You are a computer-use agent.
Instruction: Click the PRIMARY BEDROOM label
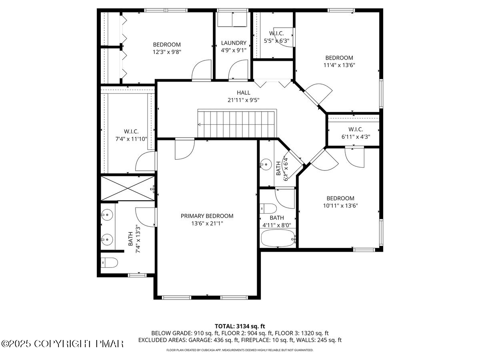[x=207, y=216]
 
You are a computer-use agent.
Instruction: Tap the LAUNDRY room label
[x=234, y=43]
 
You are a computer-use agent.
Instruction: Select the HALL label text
[x=243, y=93]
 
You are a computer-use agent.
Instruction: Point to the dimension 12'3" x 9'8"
[x=167, y=52]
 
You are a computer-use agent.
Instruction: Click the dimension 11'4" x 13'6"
[x=339, y=65]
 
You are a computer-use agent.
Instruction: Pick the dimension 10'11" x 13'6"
[x=340, y=206]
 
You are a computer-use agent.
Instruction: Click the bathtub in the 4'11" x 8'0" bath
[x=278, y=238]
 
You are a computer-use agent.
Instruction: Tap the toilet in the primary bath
[x=109, y=262]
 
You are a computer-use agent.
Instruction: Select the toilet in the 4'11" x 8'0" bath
[x=268, y=208]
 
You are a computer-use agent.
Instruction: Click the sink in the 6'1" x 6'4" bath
[x=266, y=164]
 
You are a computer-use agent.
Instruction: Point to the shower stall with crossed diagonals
[x=128, y=188]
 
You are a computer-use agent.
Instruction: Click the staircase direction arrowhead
[x=199, y=124]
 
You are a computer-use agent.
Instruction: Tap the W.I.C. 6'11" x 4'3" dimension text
[x=356, y=137]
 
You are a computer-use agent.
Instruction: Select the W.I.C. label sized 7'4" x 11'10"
[x=131, y=131]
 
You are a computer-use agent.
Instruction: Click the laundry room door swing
[x=238, y=70]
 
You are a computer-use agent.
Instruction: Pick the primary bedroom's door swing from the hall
[x=185, y=149]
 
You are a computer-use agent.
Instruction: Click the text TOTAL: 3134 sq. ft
[x=240, y=326]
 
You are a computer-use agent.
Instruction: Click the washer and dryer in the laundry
[x=232, y=20]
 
